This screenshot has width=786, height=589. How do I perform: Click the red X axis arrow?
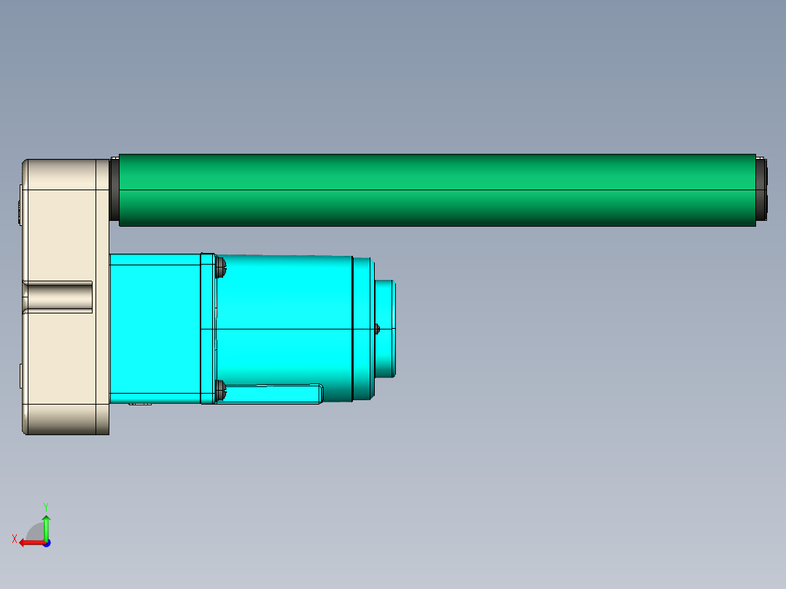29,542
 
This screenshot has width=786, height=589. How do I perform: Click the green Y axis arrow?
46,525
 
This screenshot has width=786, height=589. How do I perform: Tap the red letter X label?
15,539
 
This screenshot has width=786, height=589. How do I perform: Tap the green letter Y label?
46,505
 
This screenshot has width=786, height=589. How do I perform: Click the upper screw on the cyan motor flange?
220,268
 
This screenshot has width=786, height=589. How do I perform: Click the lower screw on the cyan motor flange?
220,393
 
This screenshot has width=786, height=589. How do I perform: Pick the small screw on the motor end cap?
377,329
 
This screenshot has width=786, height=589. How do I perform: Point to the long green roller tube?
437,190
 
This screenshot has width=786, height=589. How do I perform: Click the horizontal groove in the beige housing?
58,297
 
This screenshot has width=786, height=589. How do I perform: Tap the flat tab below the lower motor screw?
273,394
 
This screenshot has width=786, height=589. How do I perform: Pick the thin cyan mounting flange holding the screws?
208,328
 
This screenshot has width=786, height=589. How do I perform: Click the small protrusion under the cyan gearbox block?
140,402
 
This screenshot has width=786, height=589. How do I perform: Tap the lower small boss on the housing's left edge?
20,376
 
